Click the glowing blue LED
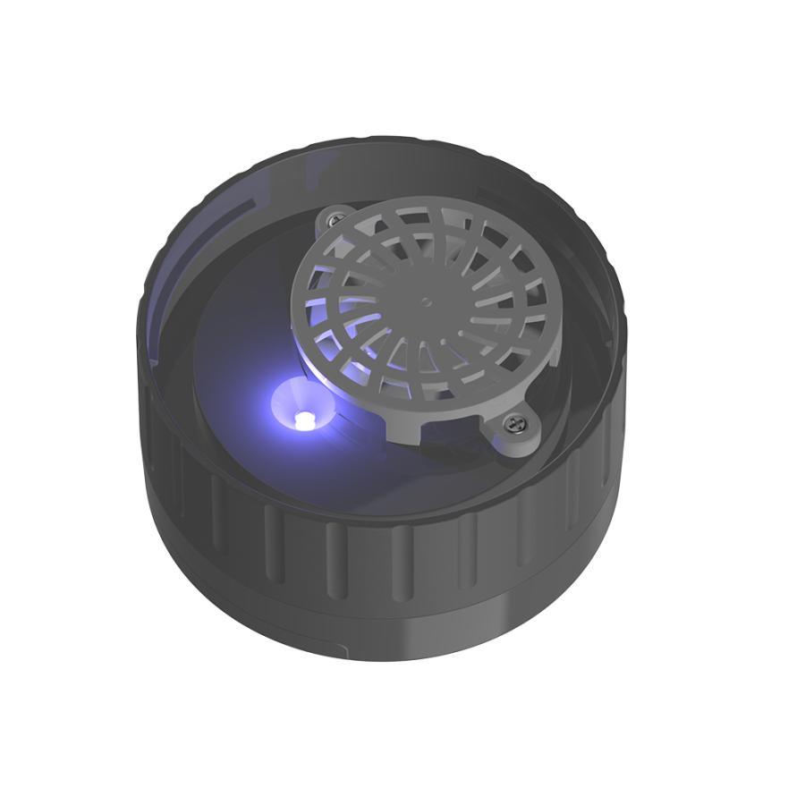(x=301, y=418)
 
